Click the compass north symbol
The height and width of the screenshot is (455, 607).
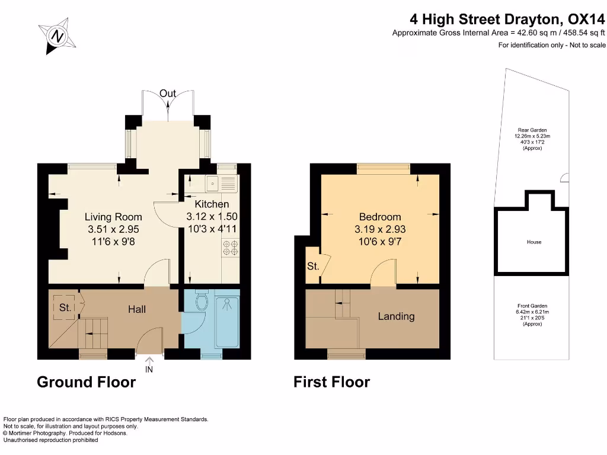pos(57,36)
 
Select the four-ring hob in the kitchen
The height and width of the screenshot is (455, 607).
pos(231,248)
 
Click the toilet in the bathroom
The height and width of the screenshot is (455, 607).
pos(202,299)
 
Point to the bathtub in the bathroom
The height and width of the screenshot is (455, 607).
pos(227,322)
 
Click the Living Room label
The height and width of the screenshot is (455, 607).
pos(113,217)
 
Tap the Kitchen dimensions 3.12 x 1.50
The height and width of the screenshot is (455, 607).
pos(212,216)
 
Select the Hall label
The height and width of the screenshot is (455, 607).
pos(137,309)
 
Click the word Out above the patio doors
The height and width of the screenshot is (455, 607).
pos(168,93)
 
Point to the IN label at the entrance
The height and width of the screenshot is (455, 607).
pos(149,370)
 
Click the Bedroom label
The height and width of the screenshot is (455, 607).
pos(380,217)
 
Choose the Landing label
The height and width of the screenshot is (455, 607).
pos(397,316)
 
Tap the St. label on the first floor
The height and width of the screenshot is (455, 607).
pos(313,266)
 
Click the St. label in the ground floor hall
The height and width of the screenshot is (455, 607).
pos(65,307)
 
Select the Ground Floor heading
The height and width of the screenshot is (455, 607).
pos(87,382)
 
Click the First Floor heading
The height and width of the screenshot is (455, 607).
pos(332,382)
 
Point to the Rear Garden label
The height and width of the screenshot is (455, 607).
pos(532,130)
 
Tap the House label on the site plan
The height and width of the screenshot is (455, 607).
pos(534,242)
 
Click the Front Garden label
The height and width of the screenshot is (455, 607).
pos(532,306)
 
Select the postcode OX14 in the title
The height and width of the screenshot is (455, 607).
pos(586,19)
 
